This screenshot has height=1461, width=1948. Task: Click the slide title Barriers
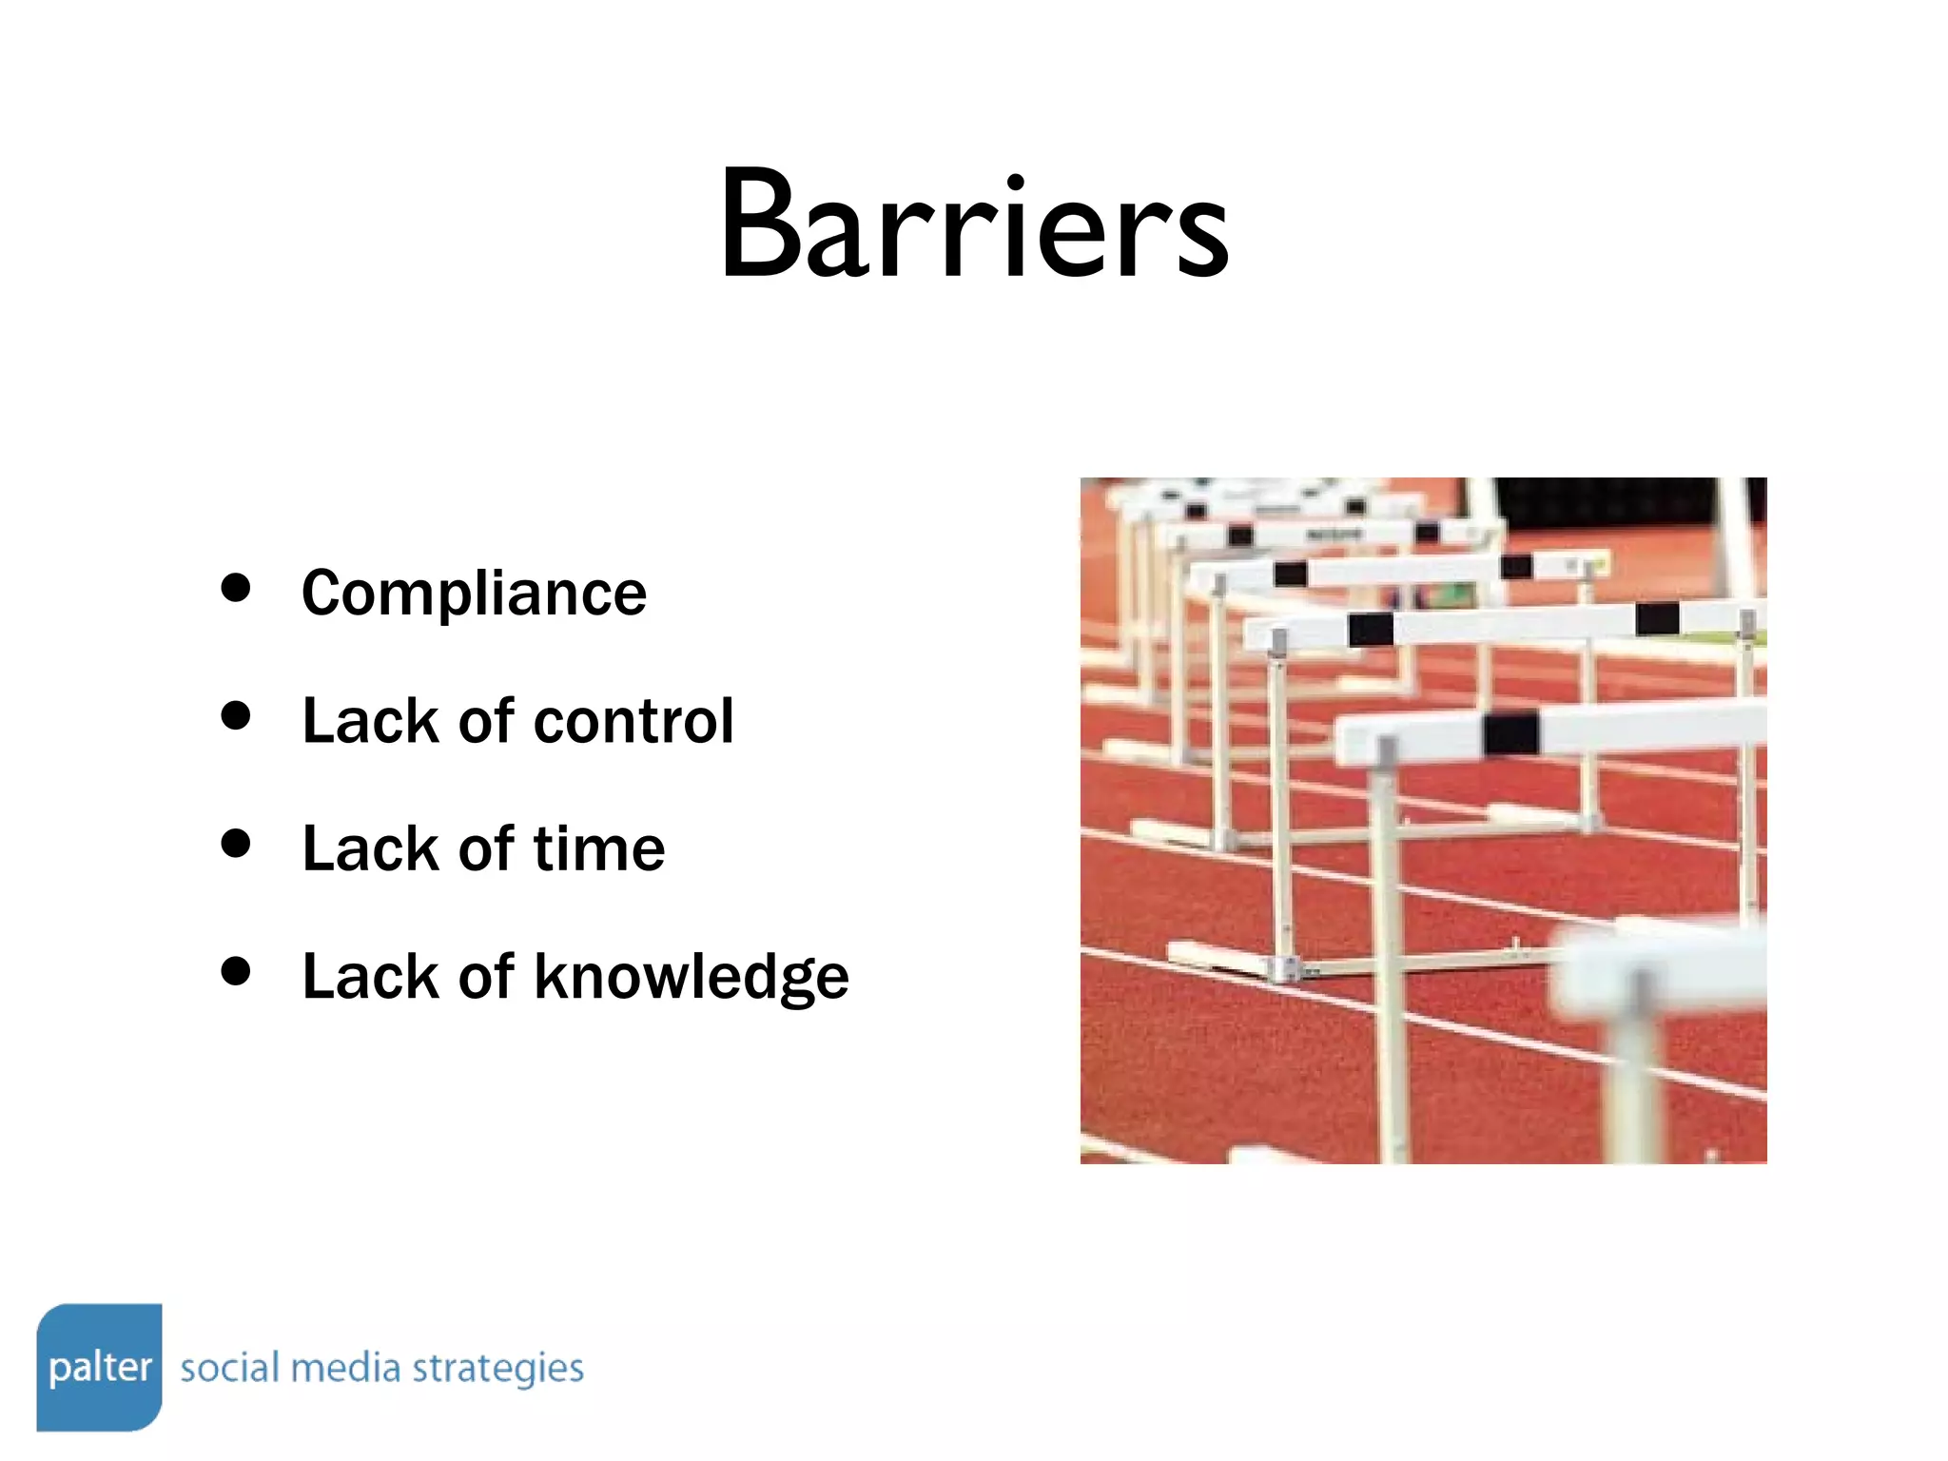[x=974, y=226]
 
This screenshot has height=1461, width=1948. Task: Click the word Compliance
[x=474, y=594]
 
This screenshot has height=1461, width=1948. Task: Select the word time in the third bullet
[x=598, y=848]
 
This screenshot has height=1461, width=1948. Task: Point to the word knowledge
[x=691, y=977]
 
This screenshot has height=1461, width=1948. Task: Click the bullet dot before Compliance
[x=235, y=588]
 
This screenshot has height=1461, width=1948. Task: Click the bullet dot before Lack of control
[x=235, y=715]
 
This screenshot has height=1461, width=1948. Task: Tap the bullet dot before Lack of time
[x=235, y=843]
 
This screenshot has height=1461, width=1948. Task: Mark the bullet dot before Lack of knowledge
[x=235, y=971]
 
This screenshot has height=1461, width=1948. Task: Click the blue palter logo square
[x=99, y=1367]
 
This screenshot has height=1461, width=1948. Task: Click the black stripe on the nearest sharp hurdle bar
[x=1510, y=733]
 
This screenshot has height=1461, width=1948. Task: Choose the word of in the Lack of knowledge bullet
[x=485, y=977]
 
